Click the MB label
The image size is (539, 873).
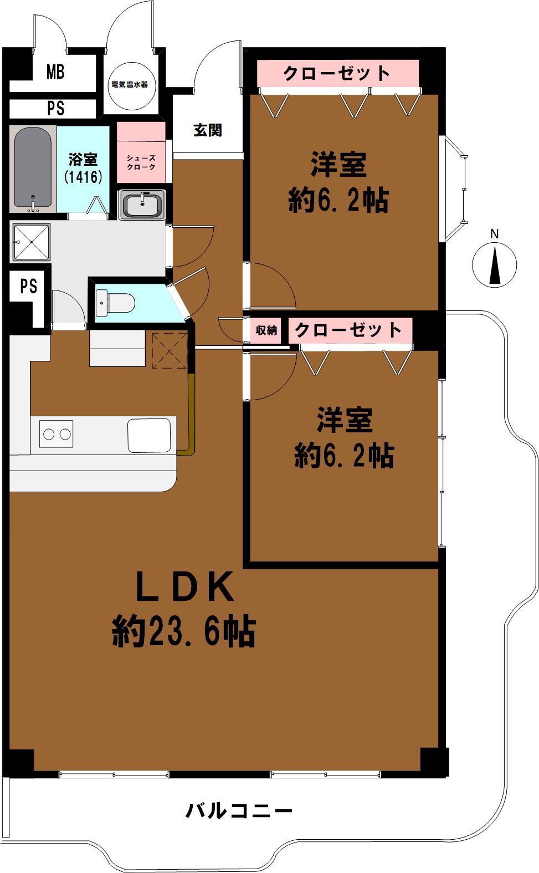point(55,72)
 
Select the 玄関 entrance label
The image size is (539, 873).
point(207,130)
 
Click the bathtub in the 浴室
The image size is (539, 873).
point(33,169)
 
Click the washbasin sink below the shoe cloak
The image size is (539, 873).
point(142,205)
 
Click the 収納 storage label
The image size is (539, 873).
point(266,330)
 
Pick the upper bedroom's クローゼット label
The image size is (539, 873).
point(337,73)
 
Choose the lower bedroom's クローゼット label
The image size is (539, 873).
point(348,330)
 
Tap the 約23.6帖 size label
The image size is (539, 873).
point(184,632)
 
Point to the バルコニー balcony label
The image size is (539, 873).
point(239,812)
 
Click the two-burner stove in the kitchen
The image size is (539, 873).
point(57,433)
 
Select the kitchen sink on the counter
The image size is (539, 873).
point(149,435)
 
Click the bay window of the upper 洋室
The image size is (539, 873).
point(454,188)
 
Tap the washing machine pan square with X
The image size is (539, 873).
point(31,242)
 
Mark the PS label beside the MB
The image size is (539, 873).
point(55,108)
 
